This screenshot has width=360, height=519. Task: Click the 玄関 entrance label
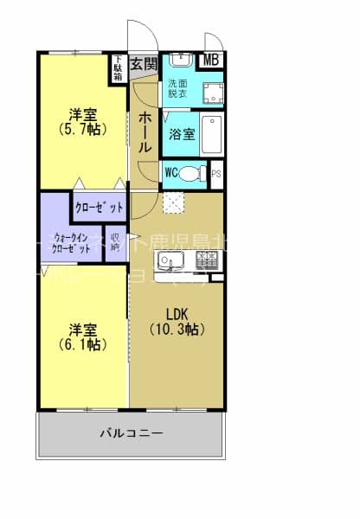coord(144,63)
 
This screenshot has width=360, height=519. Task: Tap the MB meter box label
coord(210,61)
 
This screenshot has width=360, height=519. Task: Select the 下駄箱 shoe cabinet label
coord(118,68)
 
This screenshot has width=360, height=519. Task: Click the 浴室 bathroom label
coord(182,135)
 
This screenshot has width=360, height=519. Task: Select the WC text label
coord(171,172)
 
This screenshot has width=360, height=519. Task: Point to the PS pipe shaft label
coord(216,172)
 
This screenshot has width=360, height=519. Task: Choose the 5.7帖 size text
coord(83,130)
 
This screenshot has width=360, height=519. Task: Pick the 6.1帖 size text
coord(83,344)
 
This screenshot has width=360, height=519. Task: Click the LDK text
coord(177,314)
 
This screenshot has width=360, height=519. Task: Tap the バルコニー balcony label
coord(131,432)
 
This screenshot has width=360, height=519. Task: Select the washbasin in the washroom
coord(180,61)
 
